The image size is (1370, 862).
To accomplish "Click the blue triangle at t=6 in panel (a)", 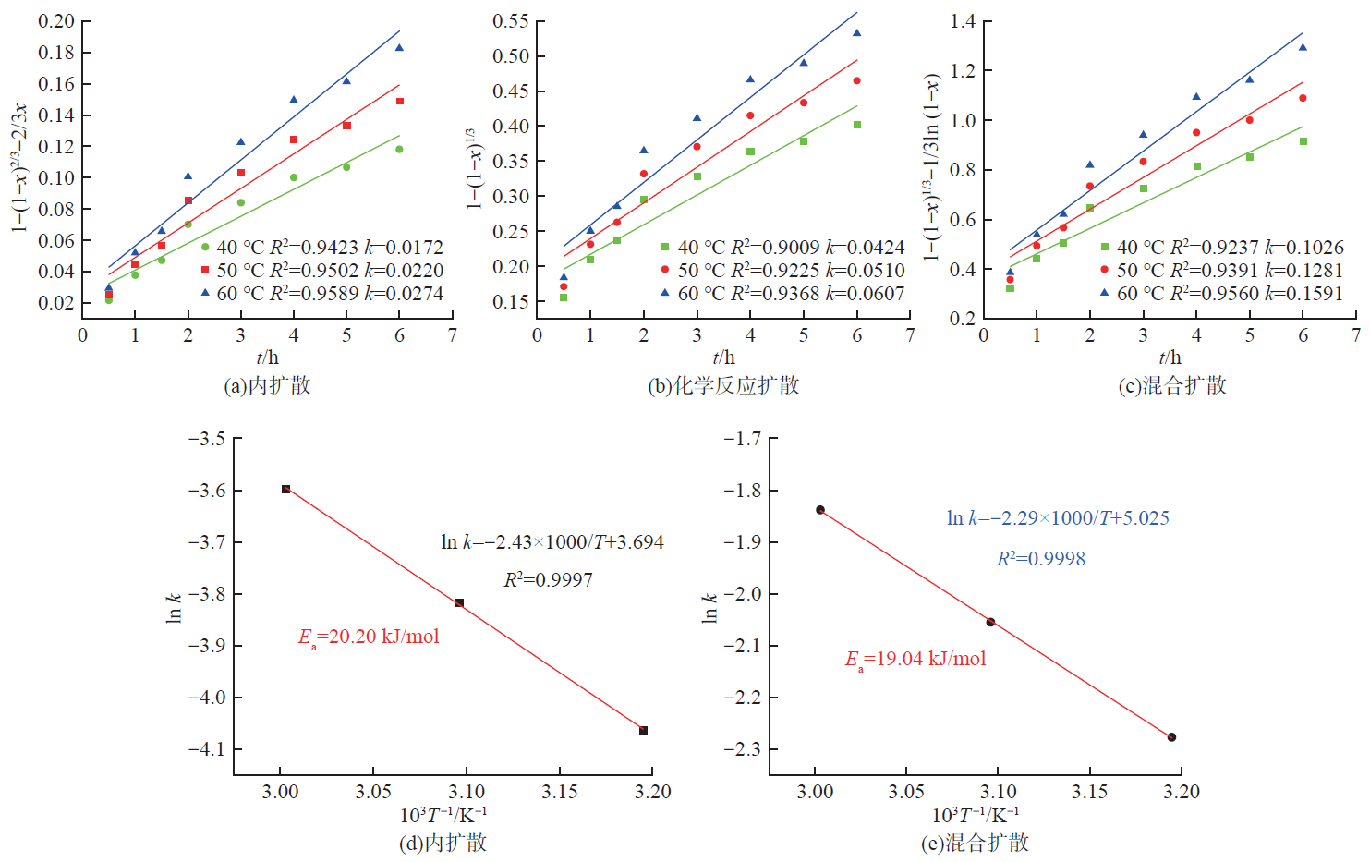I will (x=399, y=47).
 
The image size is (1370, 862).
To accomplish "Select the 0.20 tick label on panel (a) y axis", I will (x=56, y=21).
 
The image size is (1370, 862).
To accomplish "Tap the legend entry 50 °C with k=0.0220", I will (x=321, y=271).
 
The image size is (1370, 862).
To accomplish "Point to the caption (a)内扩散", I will (x=267, y=385).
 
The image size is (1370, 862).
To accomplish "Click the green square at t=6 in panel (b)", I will (x=857, y=125).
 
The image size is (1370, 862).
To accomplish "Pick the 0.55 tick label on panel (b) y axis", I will (x=511, y=21).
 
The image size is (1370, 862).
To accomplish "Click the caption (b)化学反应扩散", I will (x=722, y=385).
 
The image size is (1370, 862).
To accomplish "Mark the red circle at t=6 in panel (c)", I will (x=1303, y=98).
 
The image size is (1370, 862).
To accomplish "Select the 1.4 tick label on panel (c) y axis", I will (x=963, y=21).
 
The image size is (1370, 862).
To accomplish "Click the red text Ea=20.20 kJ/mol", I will (x=369, y=637).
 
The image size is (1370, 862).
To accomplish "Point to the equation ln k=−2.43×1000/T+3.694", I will (x=552, y=542).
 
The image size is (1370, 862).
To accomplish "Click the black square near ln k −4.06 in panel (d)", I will (x=644, y=731).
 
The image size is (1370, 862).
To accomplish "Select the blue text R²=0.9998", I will (x=1040, y=559).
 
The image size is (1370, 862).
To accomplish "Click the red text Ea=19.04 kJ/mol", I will (x=915, y=659).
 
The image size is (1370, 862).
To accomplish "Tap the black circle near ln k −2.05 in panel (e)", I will (x=990, y=622).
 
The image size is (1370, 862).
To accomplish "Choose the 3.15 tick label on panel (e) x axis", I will (x=1089, y=792).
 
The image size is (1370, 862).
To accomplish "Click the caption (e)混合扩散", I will (x=975, y=843).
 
